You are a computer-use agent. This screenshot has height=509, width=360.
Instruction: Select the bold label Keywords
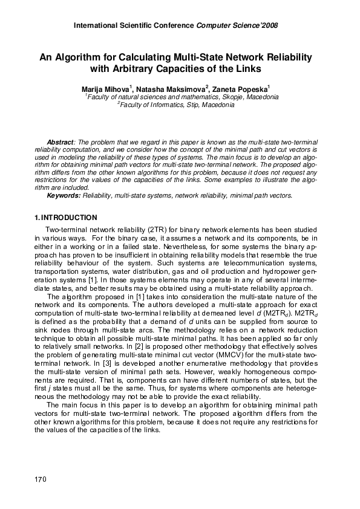tap(64, 196)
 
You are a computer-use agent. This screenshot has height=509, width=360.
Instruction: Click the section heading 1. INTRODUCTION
tap(65, 217)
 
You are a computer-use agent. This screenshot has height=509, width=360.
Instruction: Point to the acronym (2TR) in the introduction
tap(139, 231)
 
